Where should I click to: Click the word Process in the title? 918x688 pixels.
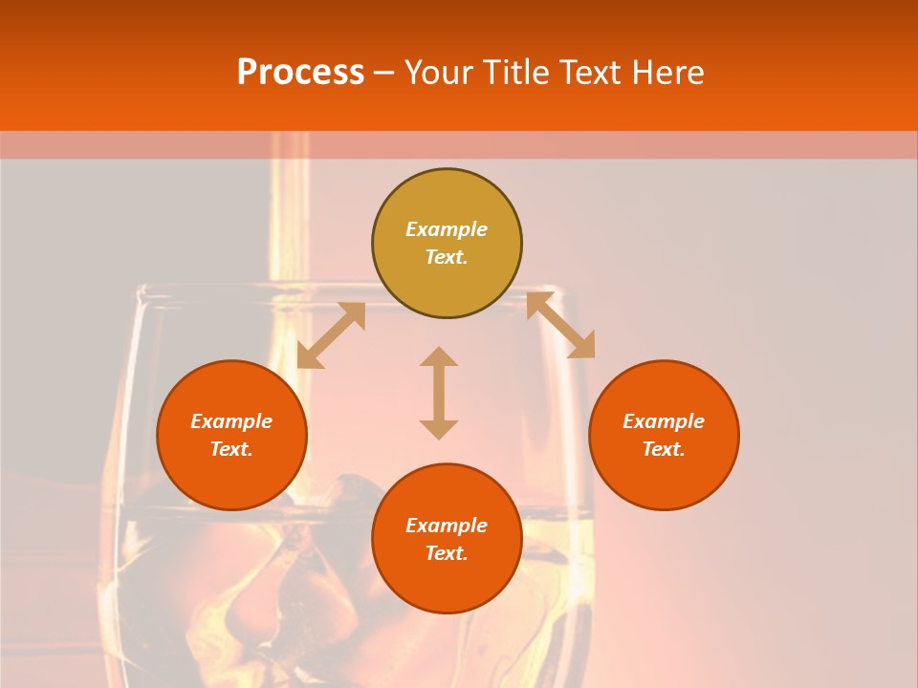click(x=300, y=73)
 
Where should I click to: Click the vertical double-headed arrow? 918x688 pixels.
click(x=439, y=393)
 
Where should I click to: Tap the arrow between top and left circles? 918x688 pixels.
click(x=331, y=335)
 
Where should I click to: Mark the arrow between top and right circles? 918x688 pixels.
click(x=560, y=325)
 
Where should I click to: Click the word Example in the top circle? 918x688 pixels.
click(x=447, y=229)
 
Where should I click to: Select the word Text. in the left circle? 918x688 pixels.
click(x=231, y=449)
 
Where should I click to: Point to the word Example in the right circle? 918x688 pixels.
click(x=664, y=421)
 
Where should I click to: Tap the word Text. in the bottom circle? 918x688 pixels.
click(x=447, y=553)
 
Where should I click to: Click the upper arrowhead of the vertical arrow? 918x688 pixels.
click(x=439, y=357)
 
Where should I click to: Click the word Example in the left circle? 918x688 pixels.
click(x=231, y=421)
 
